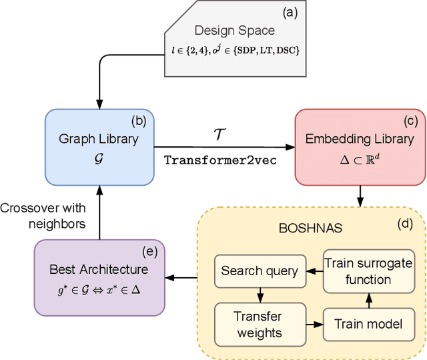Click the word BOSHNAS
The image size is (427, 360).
click(301, 227)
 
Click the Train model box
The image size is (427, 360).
click(367, 323)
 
